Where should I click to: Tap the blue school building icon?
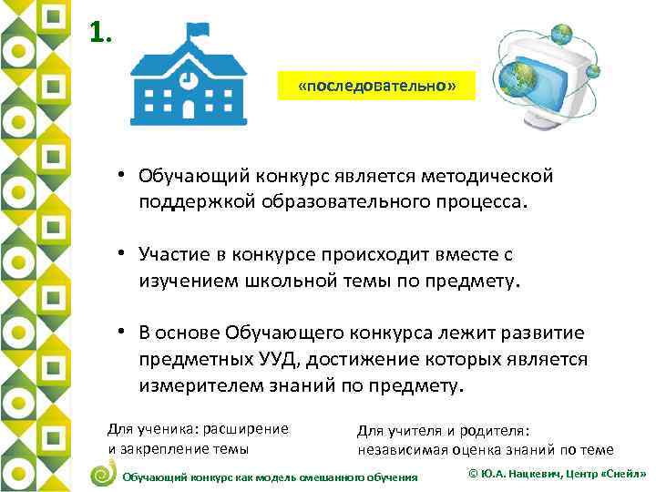coord(186,80)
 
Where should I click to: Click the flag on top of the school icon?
coord(194,33)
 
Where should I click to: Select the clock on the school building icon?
coord(186,78)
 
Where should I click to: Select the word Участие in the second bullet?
coord(174,251)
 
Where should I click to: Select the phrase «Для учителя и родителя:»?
coord(443,430)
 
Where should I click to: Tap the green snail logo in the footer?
coord(104,474)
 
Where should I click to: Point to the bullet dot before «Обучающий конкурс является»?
coord(120,174)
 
